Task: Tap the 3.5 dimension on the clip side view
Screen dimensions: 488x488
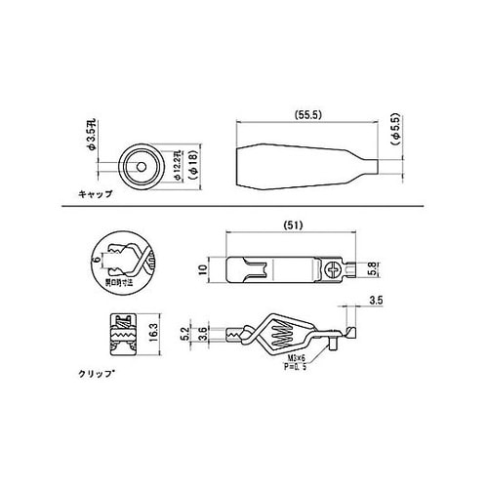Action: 377,301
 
